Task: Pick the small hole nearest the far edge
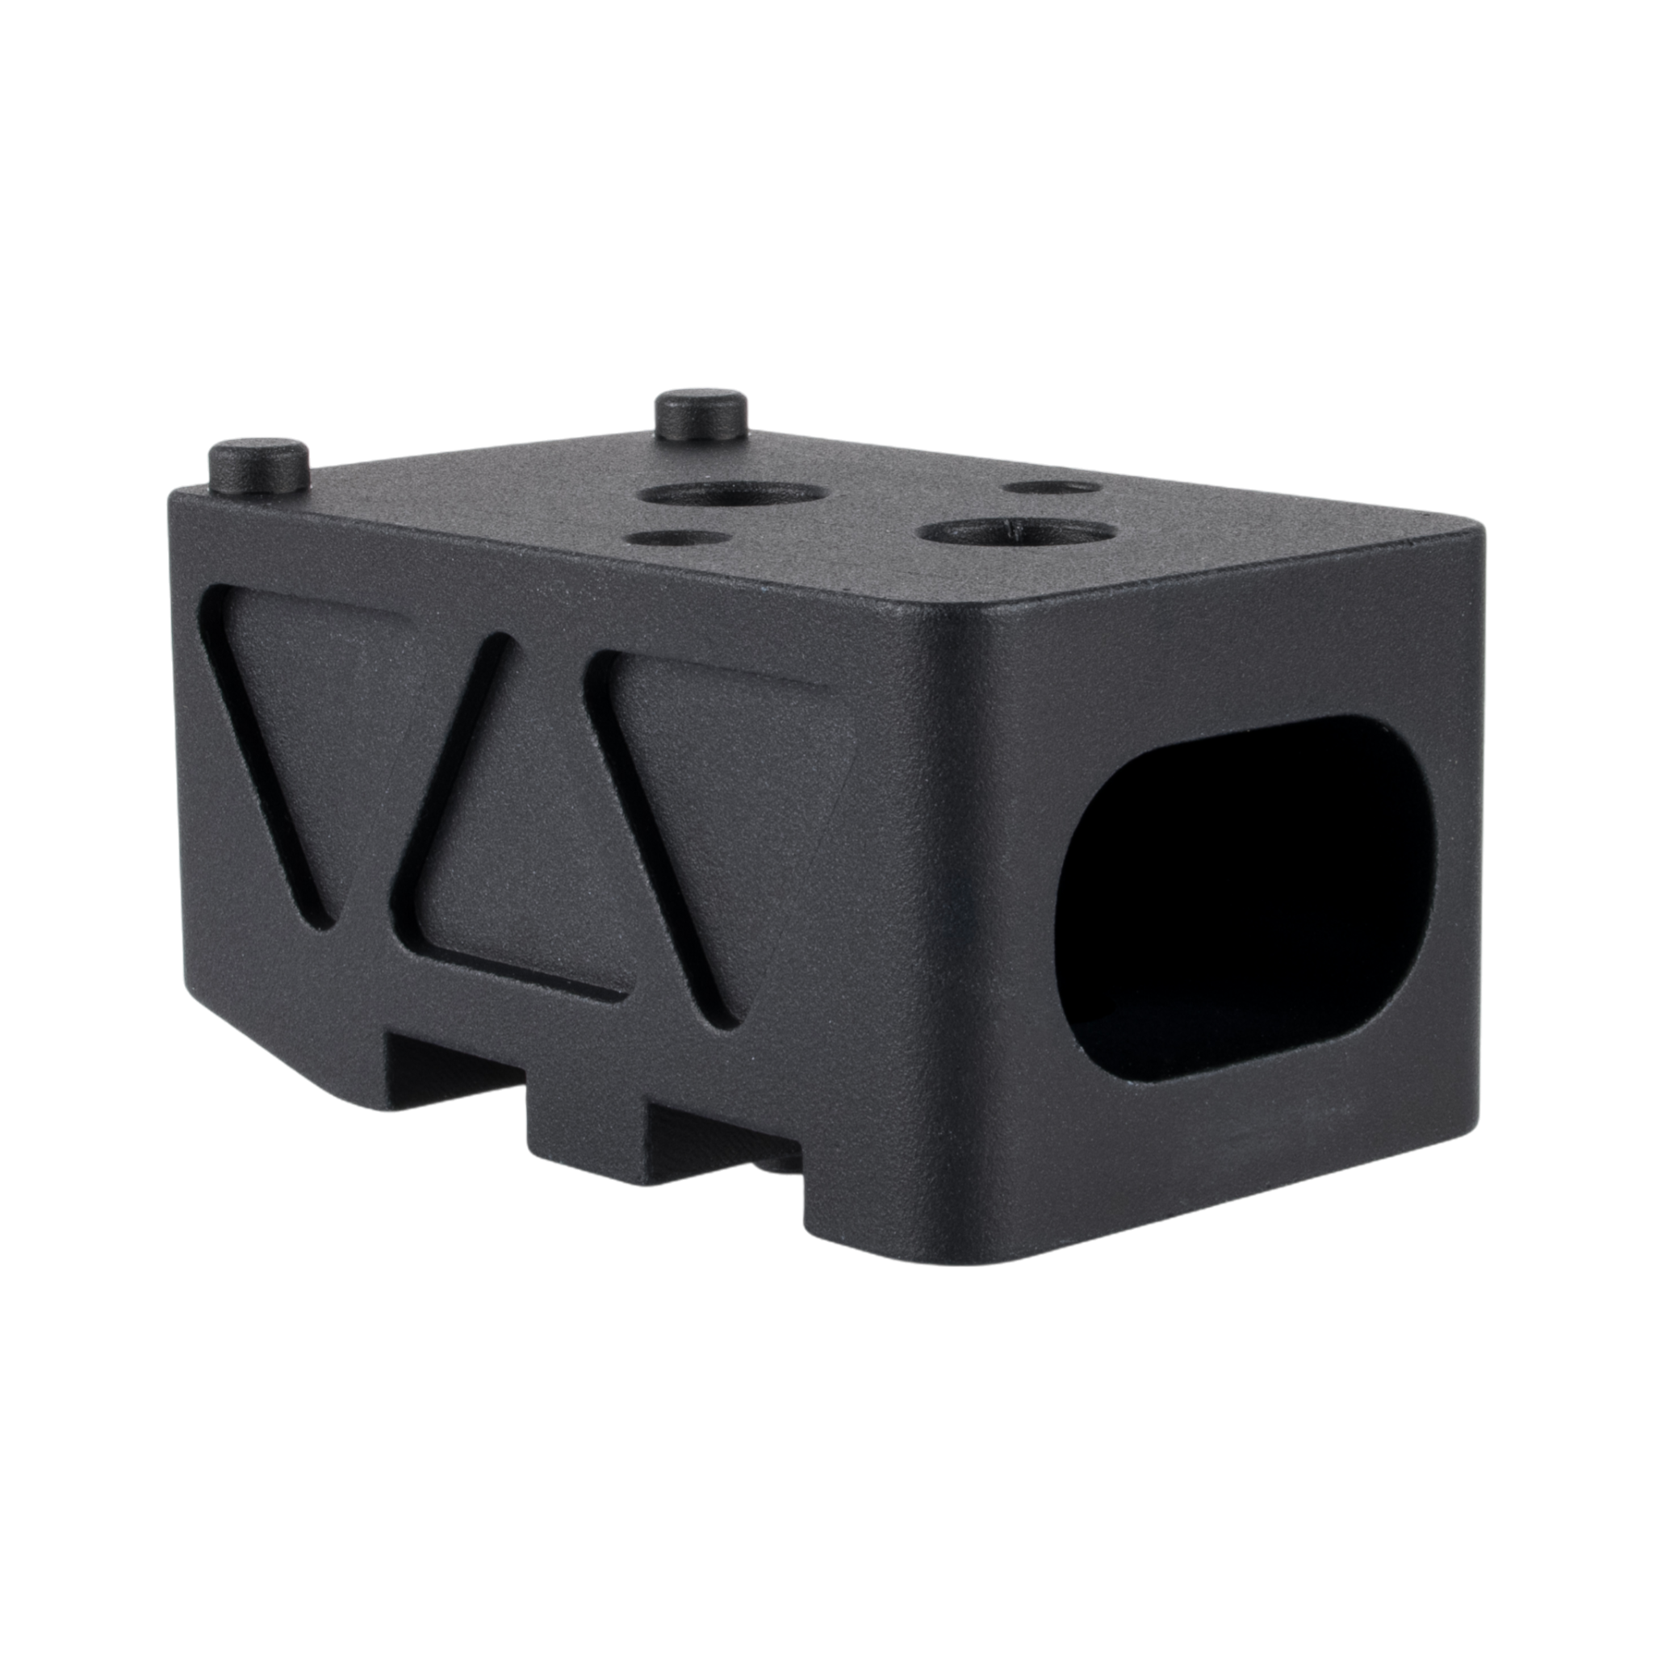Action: (1052, 488)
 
